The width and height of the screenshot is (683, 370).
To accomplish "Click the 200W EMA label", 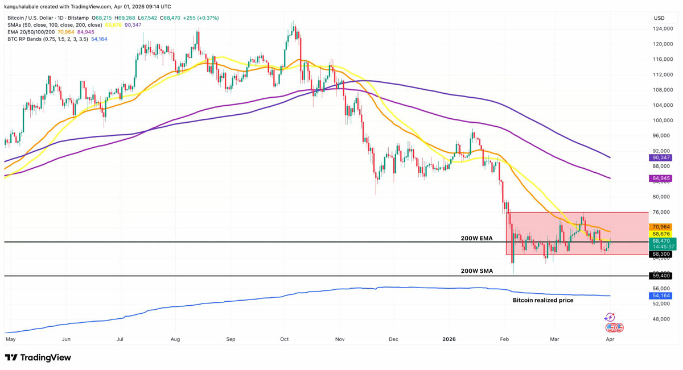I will (x=476, y=238).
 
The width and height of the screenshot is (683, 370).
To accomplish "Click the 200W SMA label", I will (x=476, y=271).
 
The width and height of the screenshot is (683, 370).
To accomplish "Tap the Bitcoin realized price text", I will (x=543, y=300).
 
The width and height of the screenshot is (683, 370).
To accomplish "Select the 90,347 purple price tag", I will (x=660, y=157).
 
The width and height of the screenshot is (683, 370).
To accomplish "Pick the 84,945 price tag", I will (x=660, y=178).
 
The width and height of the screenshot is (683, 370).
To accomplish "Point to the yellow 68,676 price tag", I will (x=660, y=234).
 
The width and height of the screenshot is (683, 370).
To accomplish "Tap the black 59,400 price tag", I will (x=660, y=276).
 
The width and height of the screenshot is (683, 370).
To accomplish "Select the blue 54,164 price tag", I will (x=660, y=296).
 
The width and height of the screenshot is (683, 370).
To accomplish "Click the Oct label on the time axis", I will (x=285, y=339).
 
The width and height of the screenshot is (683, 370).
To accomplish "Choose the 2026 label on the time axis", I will (x=449, y=339).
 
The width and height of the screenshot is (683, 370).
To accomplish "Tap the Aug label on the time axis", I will (x=175, y=339).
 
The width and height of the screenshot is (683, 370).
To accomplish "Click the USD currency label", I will (x=659, y=18).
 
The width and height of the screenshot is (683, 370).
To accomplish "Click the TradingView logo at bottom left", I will (x=38, y=357).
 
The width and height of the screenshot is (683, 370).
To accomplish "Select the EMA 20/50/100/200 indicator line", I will (x=31, y=32).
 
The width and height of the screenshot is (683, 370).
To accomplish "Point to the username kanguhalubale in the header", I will (x=27, y=7).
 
